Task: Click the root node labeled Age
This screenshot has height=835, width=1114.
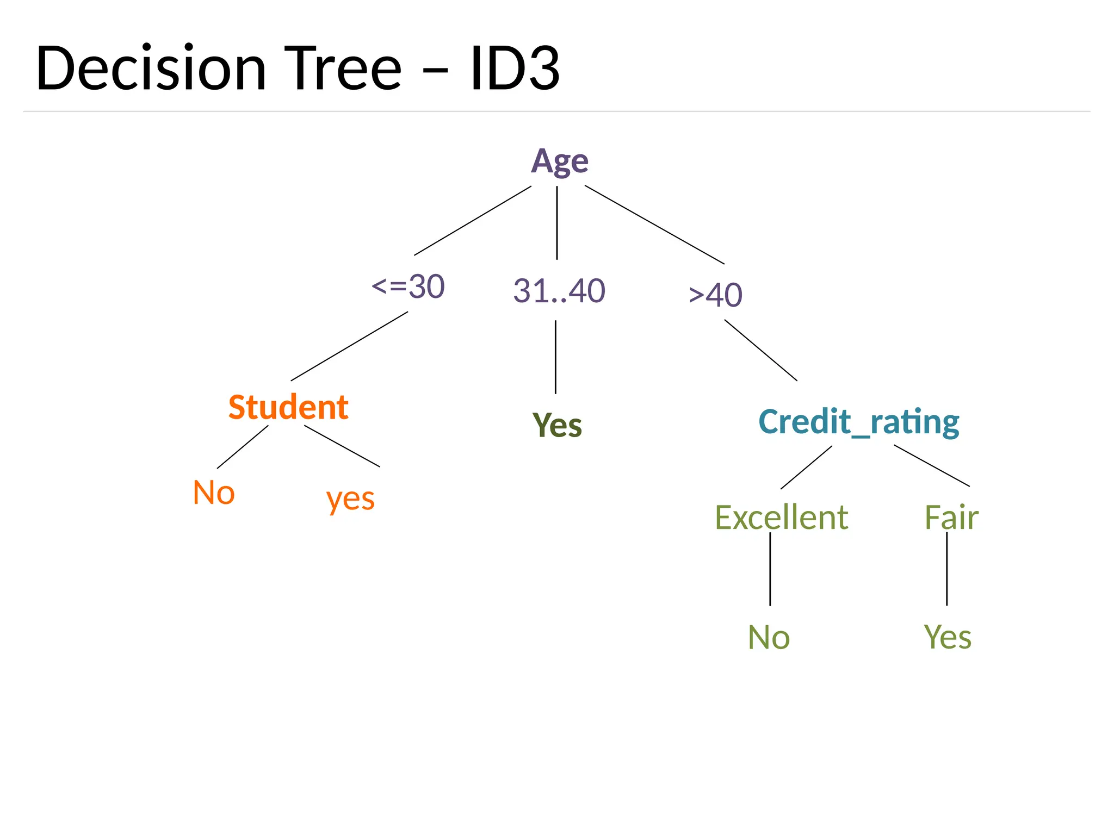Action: pyautogui.click(x=559, y=161)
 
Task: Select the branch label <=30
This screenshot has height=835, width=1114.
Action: pyautogui.click(x=408, y=286)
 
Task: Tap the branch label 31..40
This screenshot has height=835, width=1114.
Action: pyautogui.click(x=559, y=291)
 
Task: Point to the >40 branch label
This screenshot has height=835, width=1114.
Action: pyautogui.click(x=715, y=295)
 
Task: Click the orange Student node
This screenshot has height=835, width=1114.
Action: pyautogui.click(x=288, y=407)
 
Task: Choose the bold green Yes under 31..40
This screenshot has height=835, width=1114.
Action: pyautogui.click(x=557, y=425)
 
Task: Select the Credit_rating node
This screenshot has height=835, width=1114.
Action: pyautogui.click(x=858, y=422)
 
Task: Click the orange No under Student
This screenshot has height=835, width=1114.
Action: pyautogui.click(x=214, y=493)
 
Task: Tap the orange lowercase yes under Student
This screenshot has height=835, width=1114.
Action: pyautogui.click(x=350, y=498)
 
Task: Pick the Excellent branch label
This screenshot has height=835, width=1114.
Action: pyautogui.click(x=781, y=517)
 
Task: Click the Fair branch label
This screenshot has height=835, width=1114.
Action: pyautogui.click(x=951, y=517)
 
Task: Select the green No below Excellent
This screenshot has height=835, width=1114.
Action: pyautogui.click(x=769, y=637)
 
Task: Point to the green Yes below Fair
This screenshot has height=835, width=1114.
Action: pyautogui.click(x=948, y=637)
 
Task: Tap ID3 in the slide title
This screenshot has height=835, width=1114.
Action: pyautogui.click(x=515, y=69)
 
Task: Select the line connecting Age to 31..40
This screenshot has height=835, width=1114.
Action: pyautogui.click(x=557, y=223)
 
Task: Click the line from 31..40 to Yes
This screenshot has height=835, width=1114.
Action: pyautogui.click(x=555, y=357)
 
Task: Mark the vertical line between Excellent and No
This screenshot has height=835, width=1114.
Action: pyautogui.click(x=770, y=569)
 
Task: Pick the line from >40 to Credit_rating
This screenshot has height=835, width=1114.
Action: pyautogui.click(x=761, y=350)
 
